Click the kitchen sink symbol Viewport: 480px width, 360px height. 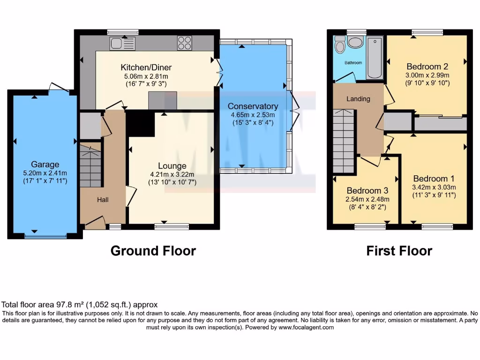tap(122, 44)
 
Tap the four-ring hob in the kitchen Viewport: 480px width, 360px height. tap(184, 43)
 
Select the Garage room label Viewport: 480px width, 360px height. tap(45, 165)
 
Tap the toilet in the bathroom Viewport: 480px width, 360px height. tap(340, 45)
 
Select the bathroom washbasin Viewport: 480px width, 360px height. tap(356, 43)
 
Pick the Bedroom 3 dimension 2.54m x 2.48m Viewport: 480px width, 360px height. tap(367, 199)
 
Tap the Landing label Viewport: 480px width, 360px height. tap(358, 99)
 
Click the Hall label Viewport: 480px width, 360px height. tap(103, 200)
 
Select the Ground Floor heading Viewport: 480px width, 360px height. tap(153, 251)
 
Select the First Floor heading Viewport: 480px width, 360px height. tap(399, 251)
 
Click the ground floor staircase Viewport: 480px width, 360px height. tap(90, 166)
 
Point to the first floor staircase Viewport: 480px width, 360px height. tap(343, 141)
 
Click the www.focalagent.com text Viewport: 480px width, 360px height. tap(306, 328)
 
